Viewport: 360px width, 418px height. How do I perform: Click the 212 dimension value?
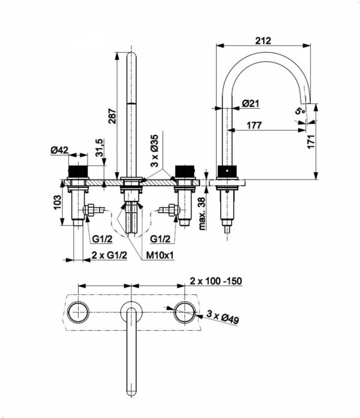(263, 41)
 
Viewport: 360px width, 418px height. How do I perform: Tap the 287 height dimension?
(112, 116)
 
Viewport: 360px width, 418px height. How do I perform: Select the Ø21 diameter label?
(251, 103)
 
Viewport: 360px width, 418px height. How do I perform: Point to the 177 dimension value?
(254, 126)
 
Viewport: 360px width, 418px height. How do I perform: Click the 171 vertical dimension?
(311, 142)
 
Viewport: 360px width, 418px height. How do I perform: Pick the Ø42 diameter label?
(59, 150)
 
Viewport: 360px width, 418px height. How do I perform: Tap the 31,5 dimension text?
(100, 147)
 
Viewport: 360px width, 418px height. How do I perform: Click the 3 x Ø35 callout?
(154, 150)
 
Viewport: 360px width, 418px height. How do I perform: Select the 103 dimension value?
(57, 202)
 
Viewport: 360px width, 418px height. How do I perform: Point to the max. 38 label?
(202, 214)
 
